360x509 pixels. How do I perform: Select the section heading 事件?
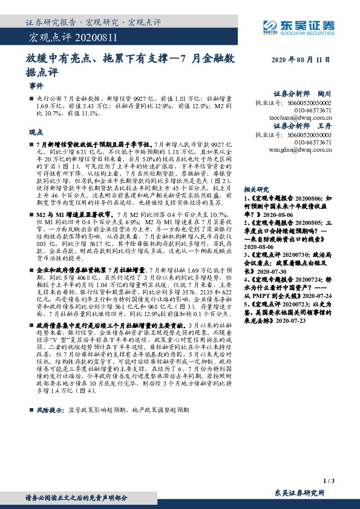(36, 86)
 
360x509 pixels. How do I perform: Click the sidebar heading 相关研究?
(257, 189)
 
